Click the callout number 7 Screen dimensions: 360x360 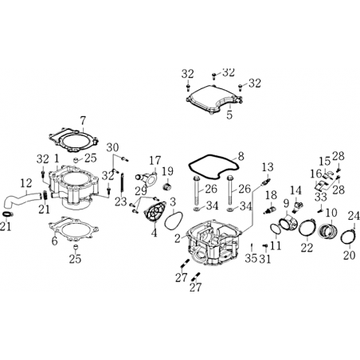pyautogui.click(x=83, y=121)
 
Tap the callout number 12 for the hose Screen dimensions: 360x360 pyautogui.click(x=26, y=183)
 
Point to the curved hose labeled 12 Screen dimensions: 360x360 pyautogui.click(x=22, y=201)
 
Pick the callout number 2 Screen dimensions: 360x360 pyautogui.click(x=178, y=238)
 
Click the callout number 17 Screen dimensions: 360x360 pyautogui.click(x=155, y=160)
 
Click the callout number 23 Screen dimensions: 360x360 pyautogui.click(x=121, y=202)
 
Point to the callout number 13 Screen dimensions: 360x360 pyautogui.click(x=268, y=167)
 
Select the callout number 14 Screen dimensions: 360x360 pyautogui.click(x=295, y=190)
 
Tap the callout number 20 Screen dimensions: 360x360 pyautogui.click(x=349, y=255)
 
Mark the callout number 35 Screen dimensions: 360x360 pyautogui.click(x=251, y=258)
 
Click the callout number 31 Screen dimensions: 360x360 pyautogui.click(x=265, y=259)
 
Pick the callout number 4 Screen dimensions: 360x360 pyautogui.click(x=154, y=233)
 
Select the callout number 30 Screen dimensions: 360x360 pyautogui.click(x=112, y=147)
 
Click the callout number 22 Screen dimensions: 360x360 pyautogui.click(x=307, y=248)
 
